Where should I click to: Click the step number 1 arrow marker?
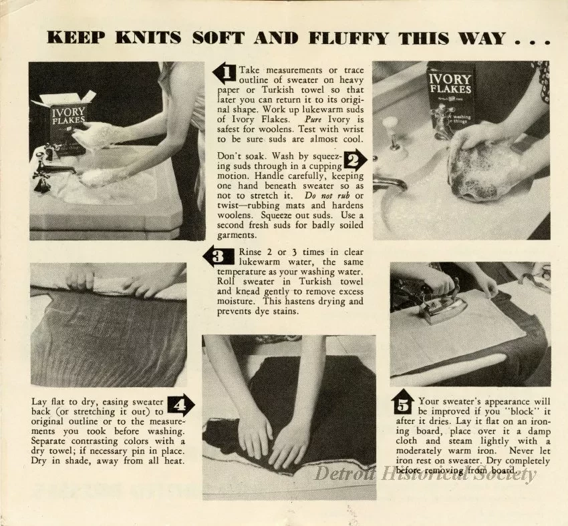point(224,71)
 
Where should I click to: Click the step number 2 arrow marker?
point(355,160)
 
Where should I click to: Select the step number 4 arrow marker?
point(180,404)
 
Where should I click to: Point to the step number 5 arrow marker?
point(403,403)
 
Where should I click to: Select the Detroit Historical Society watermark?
point(426,474)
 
